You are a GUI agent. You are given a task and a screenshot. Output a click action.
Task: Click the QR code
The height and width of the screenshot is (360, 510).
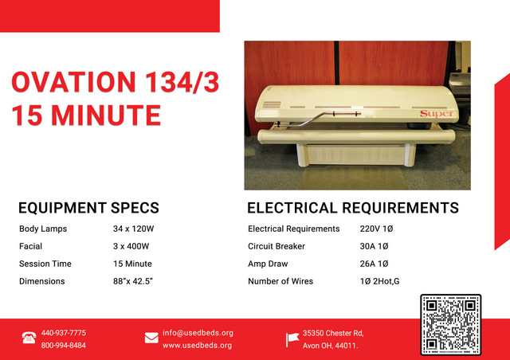click(x=450, y=324)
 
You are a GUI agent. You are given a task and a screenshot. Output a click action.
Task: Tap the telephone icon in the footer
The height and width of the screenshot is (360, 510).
click(x=29, y=338)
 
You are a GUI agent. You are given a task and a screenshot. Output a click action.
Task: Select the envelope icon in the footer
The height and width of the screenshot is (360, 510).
click(x=151, y=338)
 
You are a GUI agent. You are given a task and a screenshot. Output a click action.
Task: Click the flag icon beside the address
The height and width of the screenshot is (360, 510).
click(x=292, y=339)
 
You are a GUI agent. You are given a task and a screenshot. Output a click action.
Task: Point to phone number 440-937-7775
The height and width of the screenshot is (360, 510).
click(x=64, y=333)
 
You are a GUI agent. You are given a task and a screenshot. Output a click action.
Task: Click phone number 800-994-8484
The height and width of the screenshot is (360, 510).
click(x=64, y=346)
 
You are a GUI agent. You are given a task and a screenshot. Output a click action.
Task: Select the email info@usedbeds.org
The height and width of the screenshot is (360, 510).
click(x=198, y=333)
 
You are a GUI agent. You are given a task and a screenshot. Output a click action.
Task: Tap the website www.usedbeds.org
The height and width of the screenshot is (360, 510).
click(x=197, y=346)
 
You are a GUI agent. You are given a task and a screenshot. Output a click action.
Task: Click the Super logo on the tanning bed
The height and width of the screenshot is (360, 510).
click(x=437, y=114)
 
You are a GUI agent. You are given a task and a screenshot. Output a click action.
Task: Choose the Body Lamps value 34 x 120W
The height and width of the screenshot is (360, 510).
click(x=133, y=229)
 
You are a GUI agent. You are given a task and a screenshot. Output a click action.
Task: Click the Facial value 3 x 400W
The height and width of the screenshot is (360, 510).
click(x=131, y=246)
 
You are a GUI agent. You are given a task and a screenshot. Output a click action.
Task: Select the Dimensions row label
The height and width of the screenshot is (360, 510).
click(x=42, y=281)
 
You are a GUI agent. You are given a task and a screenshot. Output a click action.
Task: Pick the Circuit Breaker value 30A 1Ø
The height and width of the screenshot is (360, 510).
click(x=374, y=246)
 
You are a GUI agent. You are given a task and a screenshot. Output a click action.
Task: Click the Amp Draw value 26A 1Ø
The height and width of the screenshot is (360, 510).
click(x=374, y=264)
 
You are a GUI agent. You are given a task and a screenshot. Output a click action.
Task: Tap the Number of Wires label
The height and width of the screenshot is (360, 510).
click(x=280, y=281)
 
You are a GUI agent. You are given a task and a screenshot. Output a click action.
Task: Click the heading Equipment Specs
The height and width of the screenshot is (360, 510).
click(x=88, y=208)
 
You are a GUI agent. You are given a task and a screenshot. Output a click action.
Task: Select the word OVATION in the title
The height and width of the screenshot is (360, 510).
click(x=73, y=81)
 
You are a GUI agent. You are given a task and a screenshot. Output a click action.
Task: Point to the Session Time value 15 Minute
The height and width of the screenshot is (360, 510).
click(x=132, y=264)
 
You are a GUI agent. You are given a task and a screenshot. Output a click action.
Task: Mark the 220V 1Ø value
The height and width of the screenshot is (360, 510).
click(x=376, y=229)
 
